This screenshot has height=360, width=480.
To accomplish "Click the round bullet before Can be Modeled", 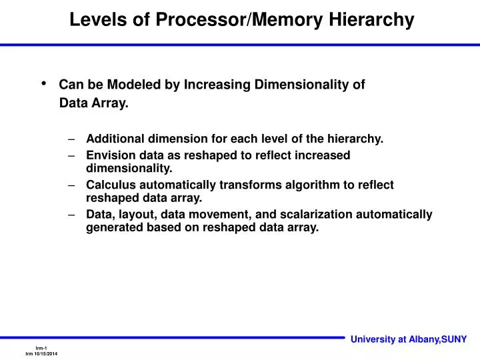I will coord(45,83).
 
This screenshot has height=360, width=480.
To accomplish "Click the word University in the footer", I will coord(373,339).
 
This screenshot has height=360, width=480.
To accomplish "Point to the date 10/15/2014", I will coord(45,353).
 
